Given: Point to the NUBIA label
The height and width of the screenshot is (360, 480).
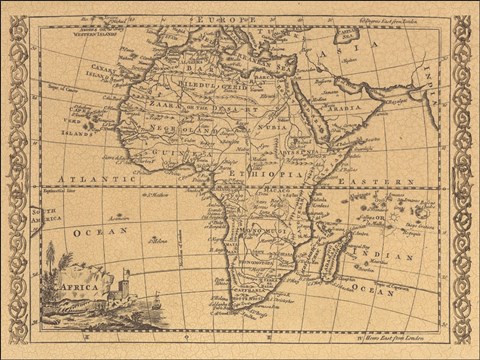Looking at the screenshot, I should click(x=272, y=128).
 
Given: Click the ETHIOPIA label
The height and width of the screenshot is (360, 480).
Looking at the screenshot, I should click(x=263, y=172).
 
